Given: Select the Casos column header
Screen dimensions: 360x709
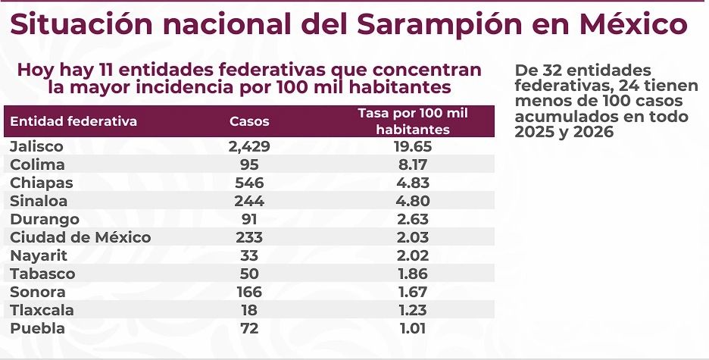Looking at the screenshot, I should tap(249, 121).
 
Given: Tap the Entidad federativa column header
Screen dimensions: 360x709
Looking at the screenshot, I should tap(73, 121).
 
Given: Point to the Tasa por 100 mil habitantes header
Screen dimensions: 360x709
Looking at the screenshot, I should tap(413, 121).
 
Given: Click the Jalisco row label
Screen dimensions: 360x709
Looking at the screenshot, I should tap(36, 146).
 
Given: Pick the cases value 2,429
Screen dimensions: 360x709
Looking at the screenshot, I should tap(249, 146).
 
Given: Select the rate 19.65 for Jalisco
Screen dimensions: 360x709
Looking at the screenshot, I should tap(413, 146).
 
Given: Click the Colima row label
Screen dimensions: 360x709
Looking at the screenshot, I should tap(37, 164).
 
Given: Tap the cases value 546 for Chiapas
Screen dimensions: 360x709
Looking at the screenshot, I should tap(249, 183).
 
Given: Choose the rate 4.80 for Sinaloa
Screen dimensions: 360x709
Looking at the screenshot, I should tap(413, 201).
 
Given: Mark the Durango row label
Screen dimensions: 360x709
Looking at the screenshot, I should tap(42, 219).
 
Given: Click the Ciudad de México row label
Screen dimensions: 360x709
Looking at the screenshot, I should tap(80, 237).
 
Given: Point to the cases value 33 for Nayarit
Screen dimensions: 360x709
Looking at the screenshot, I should tap(249, 255).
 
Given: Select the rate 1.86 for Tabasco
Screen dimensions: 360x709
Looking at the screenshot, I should tap(413, 274).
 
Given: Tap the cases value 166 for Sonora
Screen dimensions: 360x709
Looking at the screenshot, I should tap(249, 292).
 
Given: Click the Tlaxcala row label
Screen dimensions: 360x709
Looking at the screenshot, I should tap(42, 310).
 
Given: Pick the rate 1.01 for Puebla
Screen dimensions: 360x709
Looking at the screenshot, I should tap(413, 328).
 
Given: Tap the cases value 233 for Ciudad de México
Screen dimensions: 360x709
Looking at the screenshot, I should tap(249, 237).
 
